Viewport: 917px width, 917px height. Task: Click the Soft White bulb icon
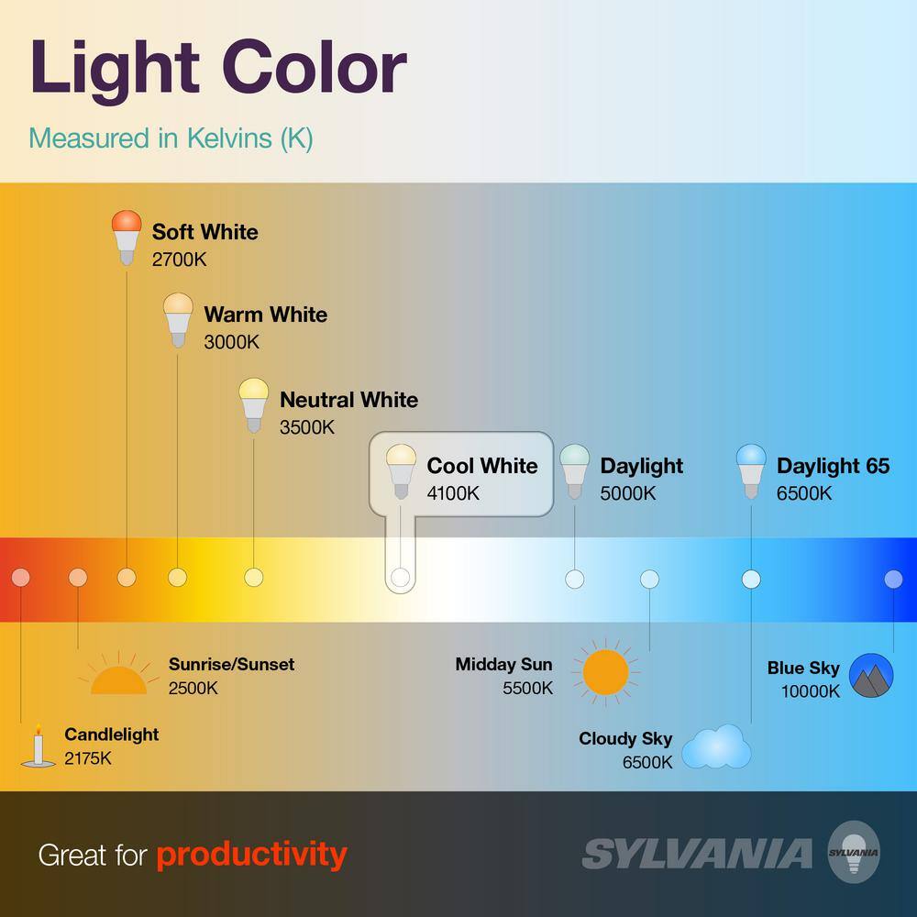[x=127, y=238]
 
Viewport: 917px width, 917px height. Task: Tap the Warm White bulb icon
[x=178, y=320]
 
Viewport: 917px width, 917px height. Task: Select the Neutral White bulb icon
[x=254, y=405]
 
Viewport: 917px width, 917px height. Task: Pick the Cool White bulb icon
[x=401, y=471]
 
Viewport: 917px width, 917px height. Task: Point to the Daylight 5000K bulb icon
[x=574, y=471]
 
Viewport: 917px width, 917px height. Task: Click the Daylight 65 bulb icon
[x=751, y=471]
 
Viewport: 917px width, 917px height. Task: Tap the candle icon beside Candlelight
[x=38, y=746]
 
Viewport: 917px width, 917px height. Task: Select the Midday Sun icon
[x=605, y=672]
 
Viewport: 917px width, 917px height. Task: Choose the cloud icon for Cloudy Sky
[x=716, y=746]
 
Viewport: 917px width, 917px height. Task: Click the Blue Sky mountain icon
[x=871, y=676]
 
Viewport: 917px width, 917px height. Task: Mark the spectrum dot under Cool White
[x=400, y=577]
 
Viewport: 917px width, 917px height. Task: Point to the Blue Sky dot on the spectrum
[x=893, y=579]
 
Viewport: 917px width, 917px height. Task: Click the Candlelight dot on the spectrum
[x=20, y=577]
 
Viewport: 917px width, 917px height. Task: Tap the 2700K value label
[x=179, y=260]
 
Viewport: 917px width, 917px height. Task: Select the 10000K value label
[x=810, y=691]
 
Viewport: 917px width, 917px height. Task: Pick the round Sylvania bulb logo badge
[x=854, y=852]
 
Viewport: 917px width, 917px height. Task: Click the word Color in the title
[x=314, y=68]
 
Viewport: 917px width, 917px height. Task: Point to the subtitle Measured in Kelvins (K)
[x=171, y=139]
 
